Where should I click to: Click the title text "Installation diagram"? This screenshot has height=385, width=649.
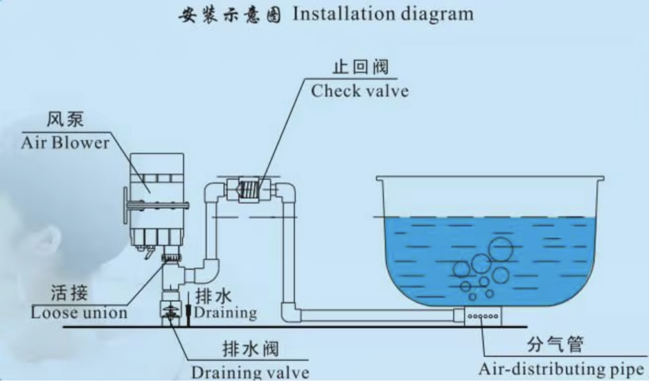click(383, 14)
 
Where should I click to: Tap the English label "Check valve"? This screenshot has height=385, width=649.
click(359, 91)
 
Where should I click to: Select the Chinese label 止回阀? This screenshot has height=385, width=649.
click(360, 67)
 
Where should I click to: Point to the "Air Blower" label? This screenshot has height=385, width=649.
click(65, 142)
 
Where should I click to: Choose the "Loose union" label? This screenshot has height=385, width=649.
click(79, 313)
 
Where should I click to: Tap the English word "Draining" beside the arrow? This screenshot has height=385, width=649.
click(226, 313)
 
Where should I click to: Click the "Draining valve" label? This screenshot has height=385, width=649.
click(250, 372)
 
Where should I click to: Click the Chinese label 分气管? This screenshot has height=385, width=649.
click(555, 346)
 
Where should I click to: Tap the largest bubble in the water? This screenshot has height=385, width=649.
click(500, 249)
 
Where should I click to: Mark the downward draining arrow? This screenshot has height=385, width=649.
click(188, 311)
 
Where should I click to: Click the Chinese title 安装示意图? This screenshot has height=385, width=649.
click(229, 15)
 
